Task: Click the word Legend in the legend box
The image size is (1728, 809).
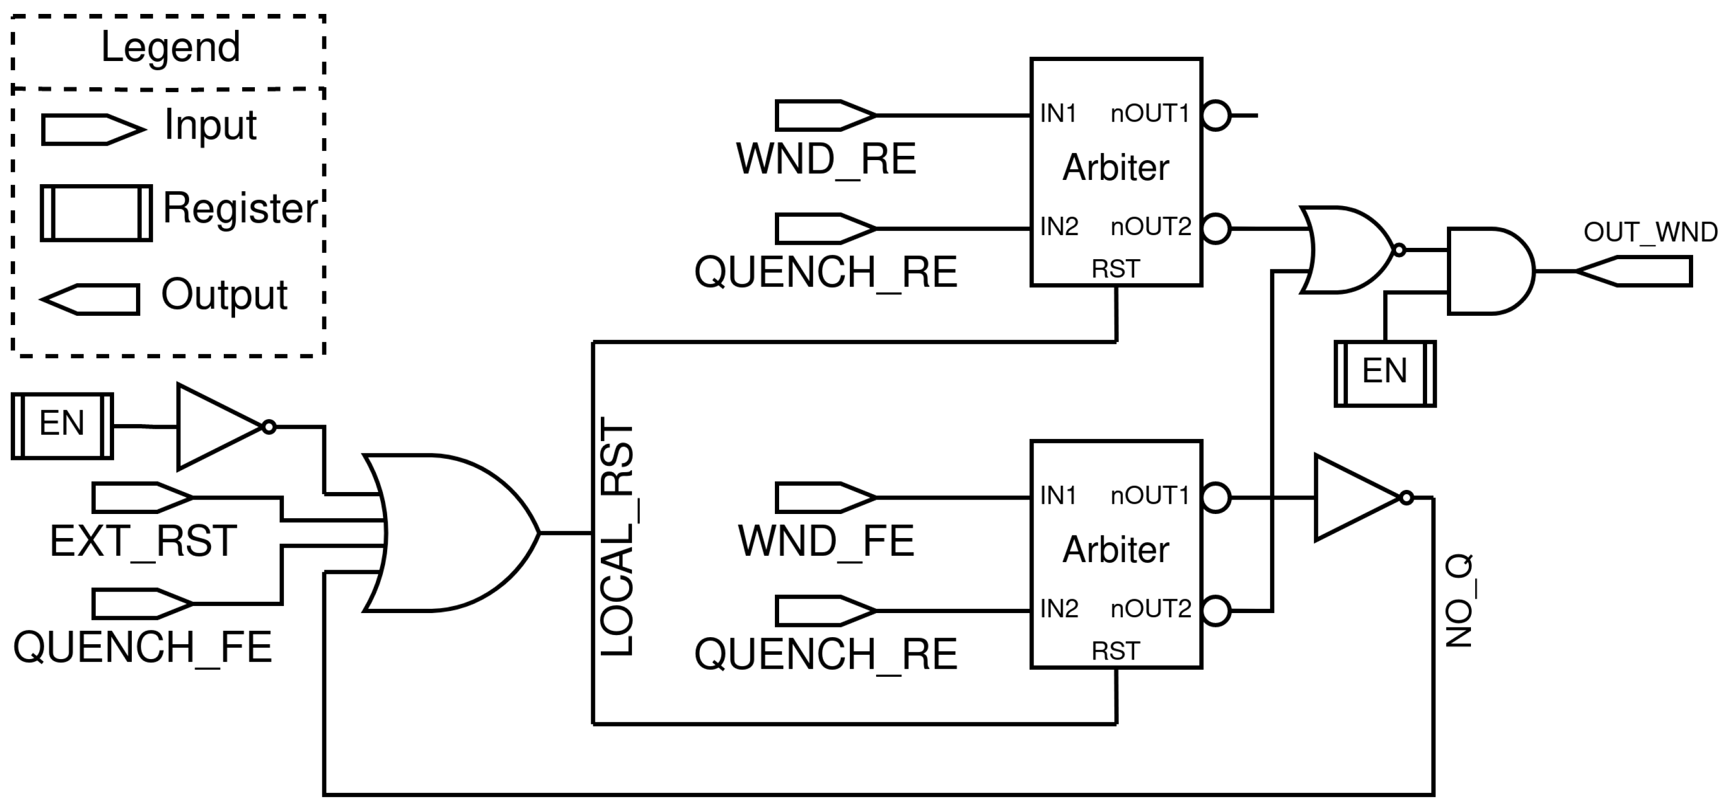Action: pyautogui.click(x=170, y=48)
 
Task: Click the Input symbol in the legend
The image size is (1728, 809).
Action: pyautogui.click(x=93, y=130)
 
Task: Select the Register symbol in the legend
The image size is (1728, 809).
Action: pyautogui.click(x=96, y=213)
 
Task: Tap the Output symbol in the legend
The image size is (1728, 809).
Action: pyautogui.click(x=91, y=299)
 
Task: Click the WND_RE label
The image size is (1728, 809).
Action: pyautogui.click(x=826, y=160)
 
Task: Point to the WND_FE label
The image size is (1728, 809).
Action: pyautogui.click(x=826, y=541)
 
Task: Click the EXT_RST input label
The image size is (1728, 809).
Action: pyautogui.click(x=143, y=541)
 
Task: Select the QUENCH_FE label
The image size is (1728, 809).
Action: pyautogui.click(x=142, y=648)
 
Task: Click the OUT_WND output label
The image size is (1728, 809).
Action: pyautogui.click(x=1650, y=233)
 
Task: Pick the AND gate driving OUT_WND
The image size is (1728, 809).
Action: pyautogui.click(x=1489, y=271)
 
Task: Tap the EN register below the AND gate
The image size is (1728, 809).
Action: pyautogui.click(x=1385, y=373)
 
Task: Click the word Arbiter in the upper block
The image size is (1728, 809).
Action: pyautogui.click(x=1115, y=168)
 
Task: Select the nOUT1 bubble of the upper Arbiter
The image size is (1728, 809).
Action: pyautogui.click(x=1216, y=115)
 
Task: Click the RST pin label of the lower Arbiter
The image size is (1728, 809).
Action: pyautogui.click(x=1115, y=651)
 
